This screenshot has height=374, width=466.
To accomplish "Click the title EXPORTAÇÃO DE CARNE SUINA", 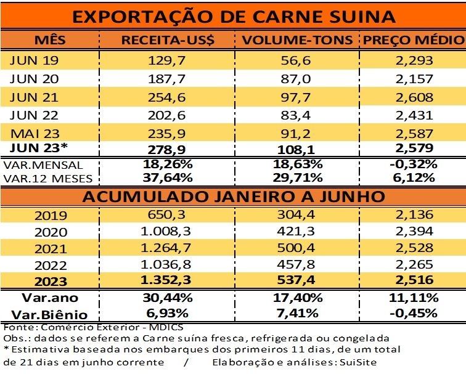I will [233, 15].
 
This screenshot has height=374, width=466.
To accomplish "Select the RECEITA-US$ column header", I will [168, 41].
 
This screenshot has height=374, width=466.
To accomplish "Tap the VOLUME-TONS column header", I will [298, 41].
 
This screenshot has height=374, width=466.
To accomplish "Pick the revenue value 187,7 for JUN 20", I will [167, 79].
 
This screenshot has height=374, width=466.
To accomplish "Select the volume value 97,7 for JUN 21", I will [297, 97].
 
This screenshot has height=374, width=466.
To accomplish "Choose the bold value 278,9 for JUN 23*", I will [167, 148].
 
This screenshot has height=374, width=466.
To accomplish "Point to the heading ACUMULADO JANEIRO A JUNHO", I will [233, 197].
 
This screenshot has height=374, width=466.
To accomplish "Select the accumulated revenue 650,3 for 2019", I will [167, 216].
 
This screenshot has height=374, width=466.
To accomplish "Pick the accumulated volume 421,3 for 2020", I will [297, 234].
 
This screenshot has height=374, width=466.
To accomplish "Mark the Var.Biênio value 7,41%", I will [297, 314].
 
